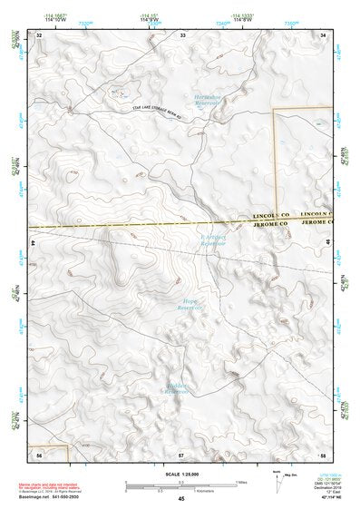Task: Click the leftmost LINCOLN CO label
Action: point(274,218)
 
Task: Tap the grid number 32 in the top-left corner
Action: point(40,34)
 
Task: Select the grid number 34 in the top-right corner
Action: point(324,34)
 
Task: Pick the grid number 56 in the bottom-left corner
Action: point(40,452)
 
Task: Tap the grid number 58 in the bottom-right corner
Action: point(323,452)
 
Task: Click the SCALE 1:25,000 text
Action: point(179,474)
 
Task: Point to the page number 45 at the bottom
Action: point(181,499)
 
